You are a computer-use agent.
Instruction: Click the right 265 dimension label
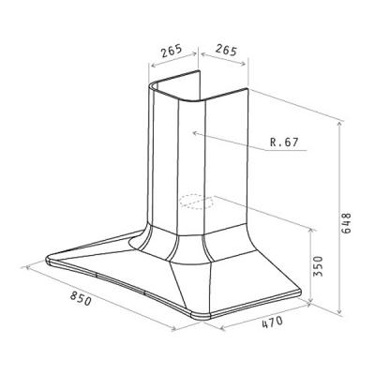pos(227,50)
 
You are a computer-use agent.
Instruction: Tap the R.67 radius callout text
pos(284,142)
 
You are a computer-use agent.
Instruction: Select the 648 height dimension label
pos(346,223)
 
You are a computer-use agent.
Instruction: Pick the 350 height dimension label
pos(318,266)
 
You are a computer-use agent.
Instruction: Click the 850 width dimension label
pos(81,298)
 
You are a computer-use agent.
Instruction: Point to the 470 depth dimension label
pos(272,322)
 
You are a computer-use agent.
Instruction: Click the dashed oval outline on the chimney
pos(197,202)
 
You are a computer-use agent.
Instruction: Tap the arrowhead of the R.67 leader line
pos(195,134)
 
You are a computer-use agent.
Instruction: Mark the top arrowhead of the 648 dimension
pos(339,125)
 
